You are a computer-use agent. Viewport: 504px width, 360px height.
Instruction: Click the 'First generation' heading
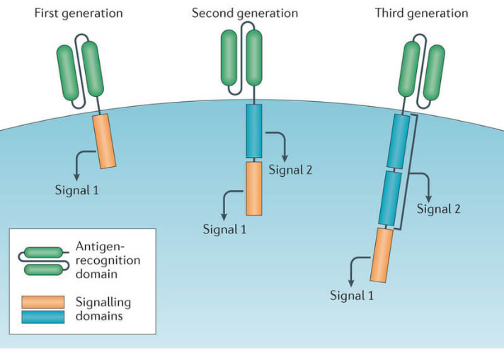point(79,13)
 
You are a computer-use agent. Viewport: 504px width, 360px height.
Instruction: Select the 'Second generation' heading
point(245,13)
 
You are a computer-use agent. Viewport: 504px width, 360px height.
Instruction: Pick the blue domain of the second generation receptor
point(253,131)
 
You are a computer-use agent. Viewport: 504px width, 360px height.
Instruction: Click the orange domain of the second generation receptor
point(254,188)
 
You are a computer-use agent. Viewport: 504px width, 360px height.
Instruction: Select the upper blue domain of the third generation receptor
point(399,141)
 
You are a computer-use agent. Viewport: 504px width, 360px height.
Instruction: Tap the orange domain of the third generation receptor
point(381,255)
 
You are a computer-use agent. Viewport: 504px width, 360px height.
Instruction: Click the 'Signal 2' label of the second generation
point(290,170)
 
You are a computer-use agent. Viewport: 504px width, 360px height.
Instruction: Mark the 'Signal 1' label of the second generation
point(224,228)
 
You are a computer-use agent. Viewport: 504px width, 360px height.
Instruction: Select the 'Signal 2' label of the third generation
point(438,209)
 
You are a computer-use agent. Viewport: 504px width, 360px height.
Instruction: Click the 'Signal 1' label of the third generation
point(352,295)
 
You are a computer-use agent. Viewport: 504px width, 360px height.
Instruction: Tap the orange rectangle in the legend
point(44,302)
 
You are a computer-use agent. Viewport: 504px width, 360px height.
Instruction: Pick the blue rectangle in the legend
point(44,315)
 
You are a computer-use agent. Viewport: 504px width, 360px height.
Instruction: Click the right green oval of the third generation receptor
point(433,69)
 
